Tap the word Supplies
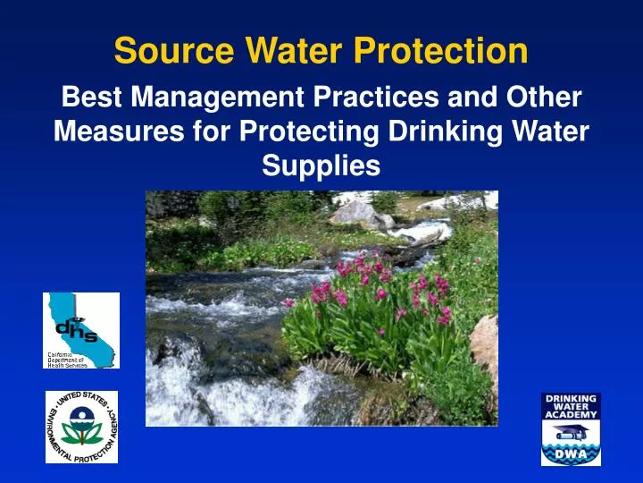coord(321,165)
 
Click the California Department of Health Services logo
coord(80,330)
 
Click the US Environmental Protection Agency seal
coord(81,427)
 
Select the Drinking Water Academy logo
coord(571,428)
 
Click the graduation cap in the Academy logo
coord(571,433)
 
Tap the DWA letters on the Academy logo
coord(571,454)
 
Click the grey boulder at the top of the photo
coord(356,213)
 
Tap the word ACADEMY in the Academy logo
coord(571,414)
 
